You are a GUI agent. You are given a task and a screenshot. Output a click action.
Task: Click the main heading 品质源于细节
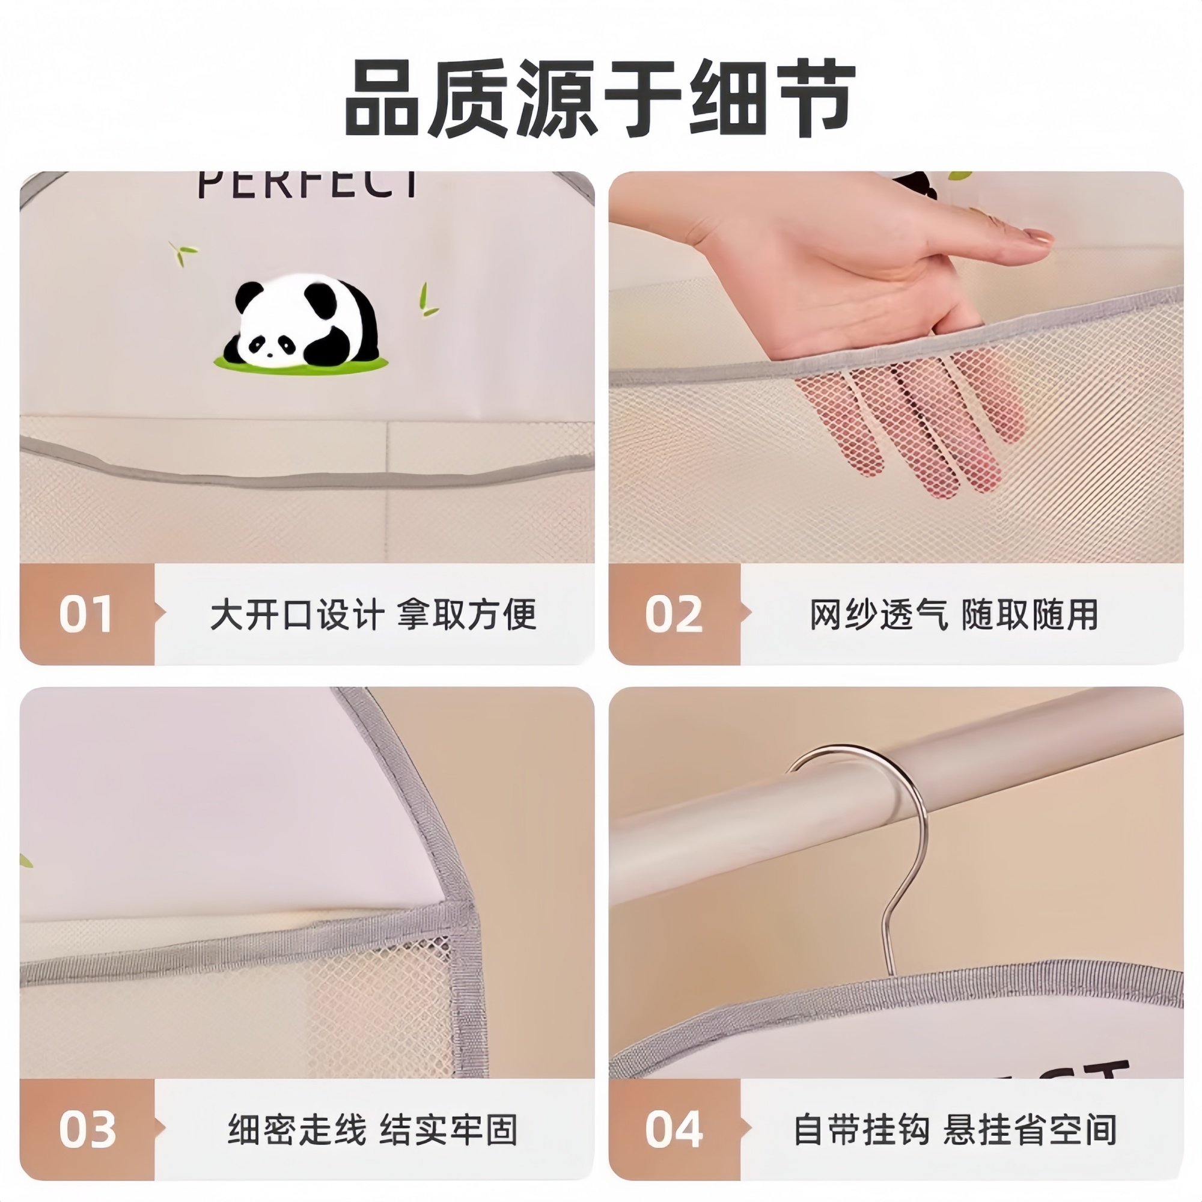[x=600, y=100]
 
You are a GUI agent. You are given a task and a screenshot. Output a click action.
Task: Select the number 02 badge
[x=674, y=614]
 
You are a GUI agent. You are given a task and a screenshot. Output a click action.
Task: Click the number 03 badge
[x=87, y=1129]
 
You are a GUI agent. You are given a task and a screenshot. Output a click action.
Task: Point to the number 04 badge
[x=674, y=1129]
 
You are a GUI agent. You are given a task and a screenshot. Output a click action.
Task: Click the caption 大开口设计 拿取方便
[x=373, y=615]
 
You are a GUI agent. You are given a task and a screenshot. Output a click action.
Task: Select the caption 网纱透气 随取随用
[x=953, y=615]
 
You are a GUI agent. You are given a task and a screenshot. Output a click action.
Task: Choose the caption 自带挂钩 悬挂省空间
[x=955, y=1130]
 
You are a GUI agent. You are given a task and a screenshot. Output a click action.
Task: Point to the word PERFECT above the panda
[x=308, y=184]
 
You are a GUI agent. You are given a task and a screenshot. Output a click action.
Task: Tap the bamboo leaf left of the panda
[x=183, y=252]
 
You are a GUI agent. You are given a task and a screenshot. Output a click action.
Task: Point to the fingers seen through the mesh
[x=908, y=423]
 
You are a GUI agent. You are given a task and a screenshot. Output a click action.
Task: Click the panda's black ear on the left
[x=249, y=295]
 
